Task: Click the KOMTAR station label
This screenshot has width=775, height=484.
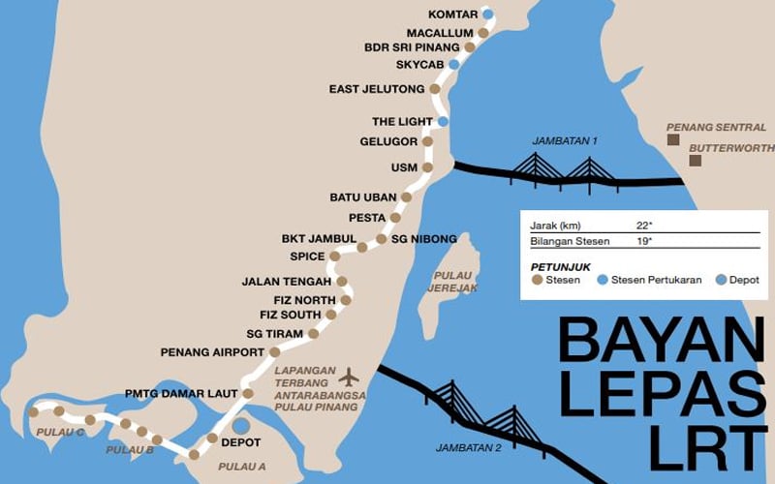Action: pyautogui.click(x=452, y=15)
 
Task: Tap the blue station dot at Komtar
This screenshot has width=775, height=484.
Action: pyautogui.click(x=488, y=15)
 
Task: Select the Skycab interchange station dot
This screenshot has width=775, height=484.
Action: pyautogui.click(x=454, y=64)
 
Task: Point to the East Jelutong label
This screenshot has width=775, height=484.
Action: pyautogui.click(x=377, y=89)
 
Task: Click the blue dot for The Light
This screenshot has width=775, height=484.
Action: pyautogui.click(x=443, y=122)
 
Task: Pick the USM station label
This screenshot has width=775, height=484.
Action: pyautogui.click(x=404, y=167)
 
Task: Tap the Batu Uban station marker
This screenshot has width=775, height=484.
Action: pyautogui.click(x=406, y=197)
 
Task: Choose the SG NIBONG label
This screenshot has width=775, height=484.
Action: pyautogui.click(x=423, y=238)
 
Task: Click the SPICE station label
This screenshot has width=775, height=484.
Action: pyautogui.click(x=307, y=257)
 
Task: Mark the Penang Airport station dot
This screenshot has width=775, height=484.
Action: pyautogui.click(x=274, y=352)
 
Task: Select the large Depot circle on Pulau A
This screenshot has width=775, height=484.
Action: pyautogui.click(x=240, y=425)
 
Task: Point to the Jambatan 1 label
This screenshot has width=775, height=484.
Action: pyautogui.click(x=565, y=141)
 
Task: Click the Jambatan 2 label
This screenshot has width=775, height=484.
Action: pyautogui.click(x=468, y=447)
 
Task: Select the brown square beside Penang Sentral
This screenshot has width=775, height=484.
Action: pyautogui.click(x=672, y=140)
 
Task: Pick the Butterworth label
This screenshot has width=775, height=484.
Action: pyautogui.click(x=732, y=148)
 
